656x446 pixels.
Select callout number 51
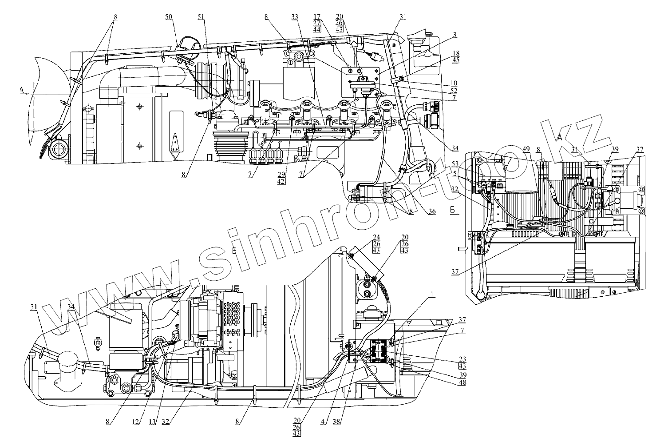click(x=202, y=17)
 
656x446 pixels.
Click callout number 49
click(x=526, y=149)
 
